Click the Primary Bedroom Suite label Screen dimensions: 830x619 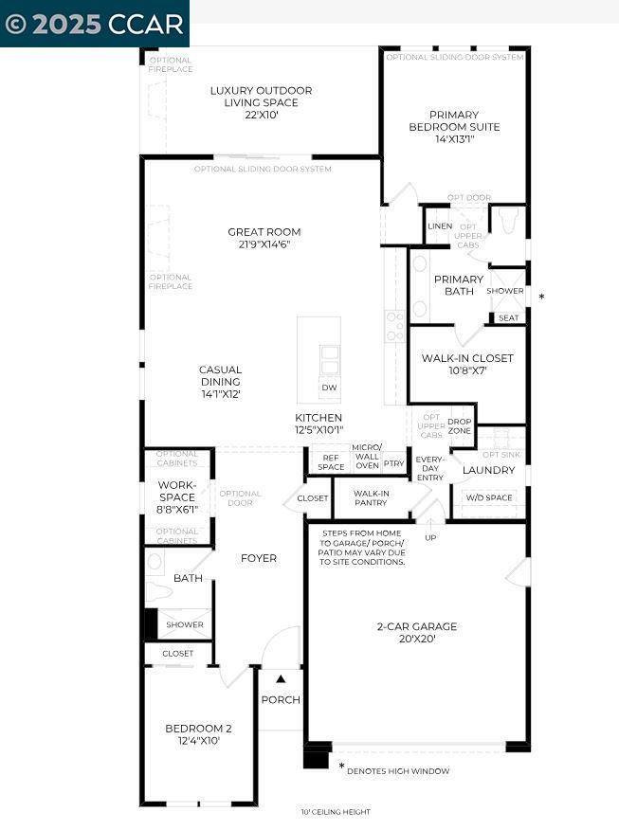tap(454, 126)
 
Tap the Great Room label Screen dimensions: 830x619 tap(264, 237)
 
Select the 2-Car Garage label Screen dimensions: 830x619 tap(416, 632)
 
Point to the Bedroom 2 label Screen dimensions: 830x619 tap(198, 734)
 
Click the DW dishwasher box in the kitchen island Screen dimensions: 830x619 tap(329, 388)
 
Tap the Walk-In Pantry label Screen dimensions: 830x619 tap(371, 498)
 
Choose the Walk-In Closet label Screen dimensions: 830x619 tap(467, 364)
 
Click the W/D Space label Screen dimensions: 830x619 tap(488, 497)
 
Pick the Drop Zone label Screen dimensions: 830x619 tap(460, 426)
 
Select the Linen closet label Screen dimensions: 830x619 tap(440, 226)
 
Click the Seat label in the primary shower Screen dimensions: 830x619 tap(508, 318)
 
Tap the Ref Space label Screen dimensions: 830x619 tap(331, 461)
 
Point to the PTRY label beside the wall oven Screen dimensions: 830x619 tap(394, 463)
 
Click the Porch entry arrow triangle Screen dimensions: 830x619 tap(281, 678)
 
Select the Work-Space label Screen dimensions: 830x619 tap(177, 496)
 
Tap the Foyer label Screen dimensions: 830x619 tap(258, 558)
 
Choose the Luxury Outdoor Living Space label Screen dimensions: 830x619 tap(261, 102)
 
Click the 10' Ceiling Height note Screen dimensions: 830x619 tap(336, 812)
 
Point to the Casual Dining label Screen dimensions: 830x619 tap(220, 381)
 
